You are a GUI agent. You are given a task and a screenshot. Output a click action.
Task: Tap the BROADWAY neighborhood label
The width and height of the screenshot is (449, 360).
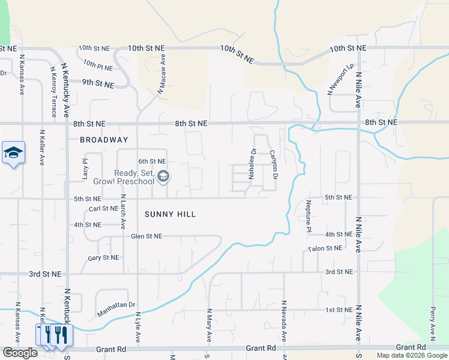[x=104, y=140]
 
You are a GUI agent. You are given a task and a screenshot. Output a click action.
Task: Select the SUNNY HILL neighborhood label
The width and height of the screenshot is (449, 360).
[x=170, y=214]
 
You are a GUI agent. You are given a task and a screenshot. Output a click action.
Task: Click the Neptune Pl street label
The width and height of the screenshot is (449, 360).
[x=309, y=217]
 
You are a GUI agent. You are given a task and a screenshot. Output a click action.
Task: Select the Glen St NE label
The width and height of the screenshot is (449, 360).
[x=146, y=236]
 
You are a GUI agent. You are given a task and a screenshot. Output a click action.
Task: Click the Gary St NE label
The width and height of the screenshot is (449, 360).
[x=103, y=257]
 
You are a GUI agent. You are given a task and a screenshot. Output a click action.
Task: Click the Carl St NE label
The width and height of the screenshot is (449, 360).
[x=103, y=209]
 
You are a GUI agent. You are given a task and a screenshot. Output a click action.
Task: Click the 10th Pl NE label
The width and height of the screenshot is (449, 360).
[x=98, y=64]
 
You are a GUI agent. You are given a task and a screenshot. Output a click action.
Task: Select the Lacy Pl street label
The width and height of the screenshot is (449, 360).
[x=85, y=169]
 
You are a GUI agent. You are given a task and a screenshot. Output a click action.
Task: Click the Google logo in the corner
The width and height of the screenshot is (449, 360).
[x=20, y=353]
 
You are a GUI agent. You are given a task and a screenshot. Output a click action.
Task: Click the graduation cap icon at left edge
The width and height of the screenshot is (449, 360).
[x=13, y=153]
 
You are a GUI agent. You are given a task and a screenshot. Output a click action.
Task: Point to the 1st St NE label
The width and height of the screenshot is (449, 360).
[x=339, y=310]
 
